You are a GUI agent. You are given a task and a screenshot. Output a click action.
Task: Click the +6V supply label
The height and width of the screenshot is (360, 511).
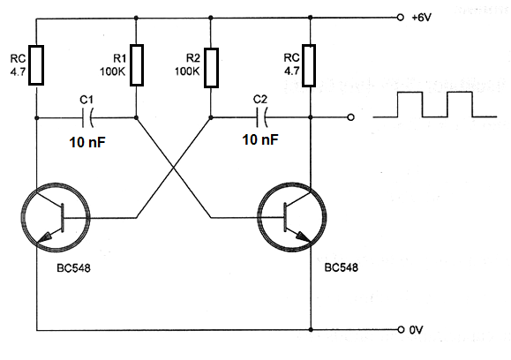tap(421, 18)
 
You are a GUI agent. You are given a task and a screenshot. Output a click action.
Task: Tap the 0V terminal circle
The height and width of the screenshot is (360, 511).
tap(401, 329)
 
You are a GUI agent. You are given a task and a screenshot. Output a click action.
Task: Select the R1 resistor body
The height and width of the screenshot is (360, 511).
tap(137, 65)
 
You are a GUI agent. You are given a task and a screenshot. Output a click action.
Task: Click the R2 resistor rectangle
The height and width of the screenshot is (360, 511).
tap(211, 68)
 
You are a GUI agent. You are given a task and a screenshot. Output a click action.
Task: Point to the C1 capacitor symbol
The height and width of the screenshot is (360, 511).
tap(87, 117)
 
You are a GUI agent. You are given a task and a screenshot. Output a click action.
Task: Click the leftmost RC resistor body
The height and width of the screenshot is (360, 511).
tap(36, 65)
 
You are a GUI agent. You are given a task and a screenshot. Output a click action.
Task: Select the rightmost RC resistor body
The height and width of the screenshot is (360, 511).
tap(309, 65)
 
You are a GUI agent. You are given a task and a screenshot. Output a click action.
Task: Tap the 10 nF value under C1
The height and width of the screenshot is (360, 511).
tap(87, 142)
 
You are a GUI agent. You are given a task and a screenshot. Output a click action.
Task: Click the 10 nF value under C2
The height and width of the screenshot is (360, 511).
tap(260, 139)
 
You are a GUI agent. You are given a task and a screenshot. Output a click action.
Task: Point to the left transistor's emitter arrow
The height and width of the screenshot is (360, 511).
tap(44, 236)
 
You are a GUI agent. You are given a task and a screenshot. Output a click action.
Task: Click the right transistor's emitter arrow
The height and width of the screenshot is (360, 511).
tap(302, 236)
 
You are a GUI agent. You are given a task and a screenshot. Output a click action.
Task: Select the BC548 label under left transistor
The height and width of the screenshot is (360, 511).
tap(73, 268)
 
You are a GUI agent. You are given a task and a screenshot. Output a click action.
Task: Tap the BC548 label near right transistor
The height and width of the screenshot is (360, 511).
tap(342, 267)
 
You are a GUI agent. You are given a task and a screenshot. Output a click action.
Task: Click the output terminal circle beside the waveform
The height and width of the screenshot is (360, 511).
tap(350, 117)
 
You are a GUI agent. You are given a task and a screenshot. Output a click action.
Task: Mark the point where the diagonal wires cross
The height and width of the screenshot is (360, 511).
tap(174, 168)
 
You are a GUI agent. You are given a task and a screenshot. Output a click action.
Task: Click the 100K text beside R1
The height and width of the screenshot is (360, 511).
tap(112, 71)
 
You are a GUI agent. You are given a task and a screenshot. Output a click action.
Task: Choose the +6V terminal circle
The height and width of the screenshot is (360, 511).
tap(401, 18)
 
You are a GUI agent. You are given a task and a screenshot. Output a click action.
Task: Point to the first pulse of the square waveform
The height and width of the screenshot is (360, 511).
tap(410, 93)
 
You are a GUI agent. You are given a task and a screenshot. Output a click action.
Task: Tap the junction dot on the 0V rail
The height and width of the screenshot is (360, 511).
tap(311, 330)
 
